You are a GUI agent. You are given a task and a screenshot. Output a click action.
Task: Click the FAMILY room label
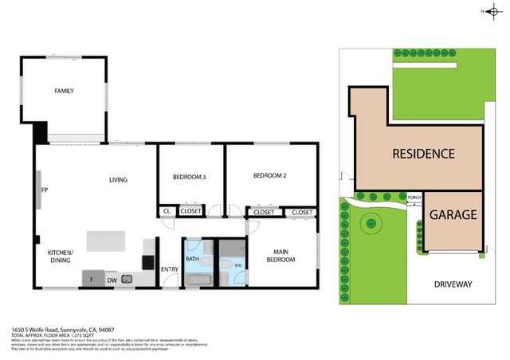click(64, 91)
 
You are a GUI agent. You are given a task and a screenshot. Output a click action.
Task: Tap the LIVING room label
click(118, 180)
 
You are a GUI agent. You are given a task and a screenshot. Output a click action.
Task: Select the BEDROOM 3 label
click(190, 177)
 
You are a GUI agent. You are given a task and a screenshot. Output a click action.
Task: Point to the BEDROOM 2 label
click(269, 175)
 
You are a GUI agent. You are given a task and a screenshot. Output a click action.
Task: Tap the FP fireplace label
click(45, 191)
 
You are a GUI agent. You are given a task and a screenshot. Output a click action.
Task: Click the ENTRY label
click(170, 269)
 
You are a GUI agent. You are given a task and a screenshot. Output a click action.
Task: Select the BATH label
click(192, 259)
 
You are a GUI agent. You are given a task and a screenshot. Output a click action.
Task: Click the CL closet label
click(167, 211)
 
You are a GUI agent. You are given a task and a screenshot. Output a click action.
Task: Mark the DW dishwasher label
click(112, 280)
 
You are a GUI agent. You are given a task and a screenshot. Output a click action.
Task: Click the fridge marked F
click(92, 279)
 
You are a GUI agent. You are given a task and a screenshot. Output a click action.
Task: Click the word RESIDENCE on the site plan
click(422, 154)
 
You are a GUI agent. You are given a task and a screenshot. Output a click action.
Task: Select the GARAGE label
click(453, 215)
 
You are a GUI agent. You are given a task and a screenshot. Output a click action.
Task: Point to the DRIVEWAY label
click(453, 284)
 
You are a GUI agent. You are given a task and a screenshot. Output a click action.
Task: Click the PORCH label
click(414, 197)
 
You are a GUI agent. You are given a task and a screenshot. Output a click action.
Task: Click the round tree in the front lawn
click(371, 225)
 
